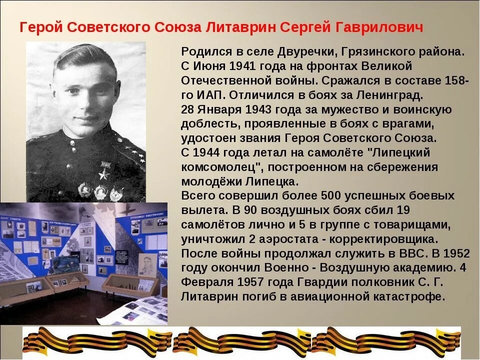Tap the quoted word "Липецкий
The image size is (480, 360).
[x=394, y=152]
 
